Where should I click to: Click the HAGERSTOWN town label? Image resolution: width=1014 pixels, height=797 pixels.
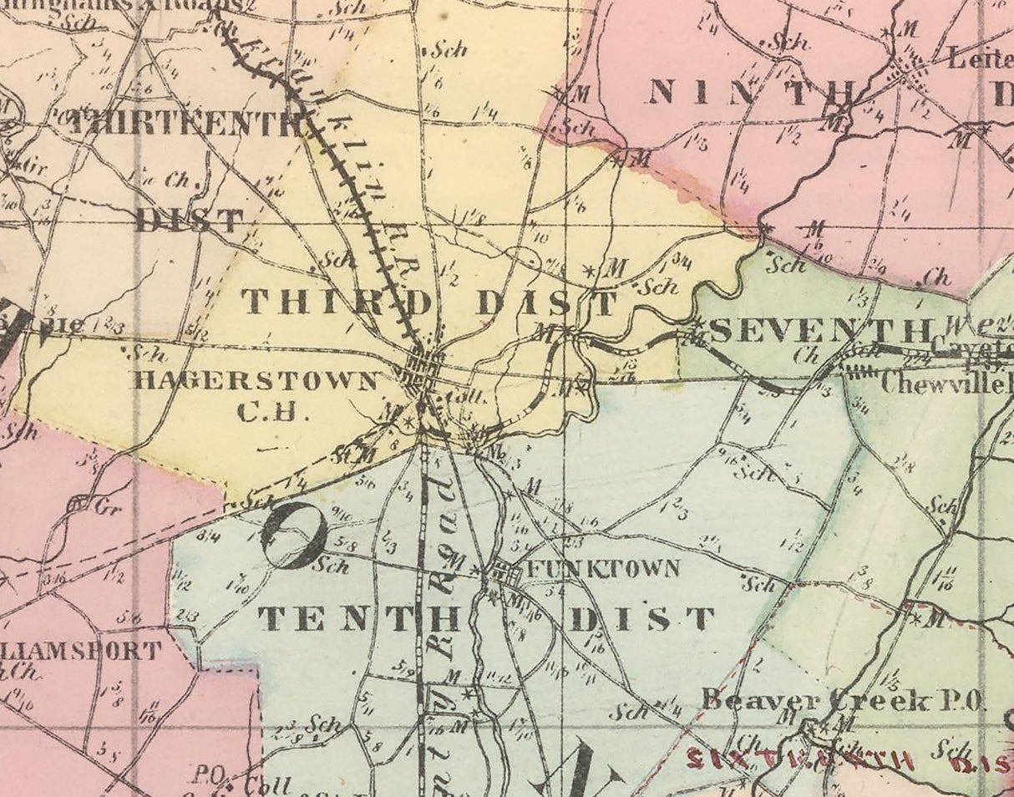click(256, 382)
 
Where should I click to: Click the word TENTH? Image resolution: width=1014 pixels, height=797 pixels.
click(360, 620)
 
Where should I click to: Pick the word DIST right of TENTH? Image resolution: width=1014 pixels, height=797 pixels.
click(642, 620)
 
